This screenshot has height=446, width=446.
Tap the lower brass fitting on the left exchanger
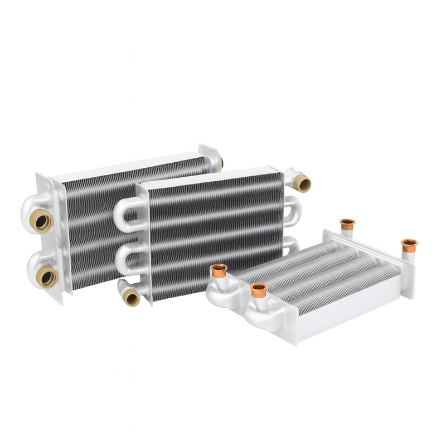click(x=47, y=277)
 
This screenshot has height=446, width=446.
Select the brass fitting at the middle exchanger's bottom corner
click(x=132, y=297)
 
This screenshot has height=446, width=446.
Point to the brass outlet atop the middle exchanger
click(x=302, y=183)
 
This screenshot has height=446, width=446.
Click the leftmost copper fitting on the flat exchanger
click(x=219, y=270)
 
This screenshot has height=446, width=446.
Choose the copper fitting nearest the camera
click(x=258, y=290)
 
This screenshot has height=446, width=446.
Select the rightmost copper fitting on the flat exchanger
click(x=409, y=245)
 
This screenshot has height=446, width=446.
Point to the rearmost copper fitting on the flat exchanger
click(x=347, y=224)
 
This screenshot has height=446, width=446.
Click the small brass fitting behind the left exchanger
click(x=221, y=162)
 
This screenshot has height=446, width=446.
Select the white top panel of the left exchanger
click(x=123, y=167)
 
